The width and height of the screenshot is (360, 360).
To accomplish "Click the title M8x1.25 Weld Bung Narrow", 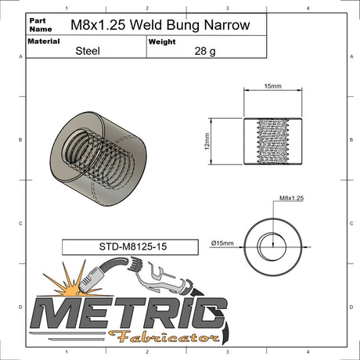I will click(x=160, y=25).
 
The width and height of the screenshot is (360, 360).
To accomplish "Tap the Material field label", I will click(x=45, y=41).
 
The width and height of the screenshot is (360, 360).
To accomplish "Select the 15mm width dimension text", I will click(x=272, y=85).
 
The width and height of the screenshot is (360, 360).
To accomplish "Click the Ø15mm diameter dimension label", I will click(x=223, y=243).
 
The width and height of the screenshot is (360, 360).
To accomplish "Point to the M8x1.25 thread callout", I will click(x=290, y=200).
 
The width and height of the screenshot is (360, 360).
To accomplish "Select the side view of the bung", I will click(x=272, y=142).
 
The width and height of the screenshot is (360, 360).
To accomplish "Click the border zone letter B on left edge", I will click(x=20, y=140).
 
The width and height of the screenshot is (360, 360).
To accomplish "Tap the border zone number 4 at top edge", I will click(x=308, y=9).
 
